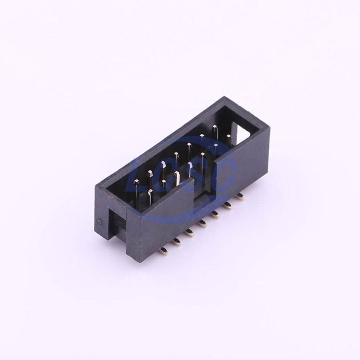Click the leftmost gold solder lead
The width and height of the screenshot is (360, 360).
coord(164,250)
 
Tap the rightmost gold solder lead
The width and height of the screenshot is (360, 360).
coord(240,196)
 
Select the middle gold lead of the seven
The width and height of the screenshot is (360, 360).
coord(202,223)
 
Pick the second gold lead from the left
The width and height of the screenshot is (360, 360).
coord(176,241)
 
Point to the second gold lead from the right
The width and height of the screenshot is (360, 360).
coord(228,205)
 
